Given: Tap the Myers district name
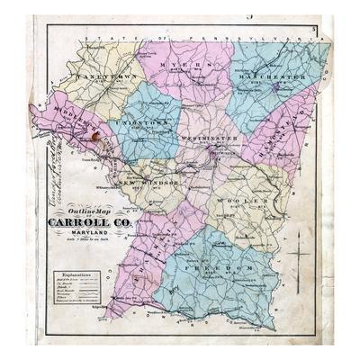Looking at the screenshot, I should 184,67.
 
